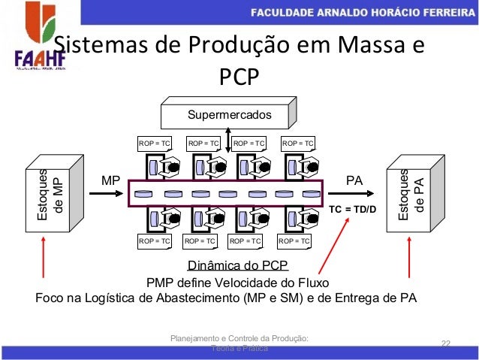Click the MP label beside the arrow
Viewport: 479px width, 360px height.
(x=111, y=181)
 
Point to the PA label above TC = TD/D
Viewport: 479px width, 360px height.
(x=354, y=181)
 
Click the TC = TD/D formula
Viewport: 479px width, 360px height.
(x=354, y=208)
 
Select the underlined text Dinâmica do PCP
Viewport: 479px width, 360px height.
(x=237, y=266)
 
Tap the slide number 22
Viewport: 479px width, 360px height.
(x=445, y=343)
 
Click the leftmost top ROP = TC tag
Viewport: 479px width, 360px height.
(x=154, y=142)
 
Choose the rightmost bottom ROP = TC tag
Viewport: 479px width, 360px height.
(x=294, y=241)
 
